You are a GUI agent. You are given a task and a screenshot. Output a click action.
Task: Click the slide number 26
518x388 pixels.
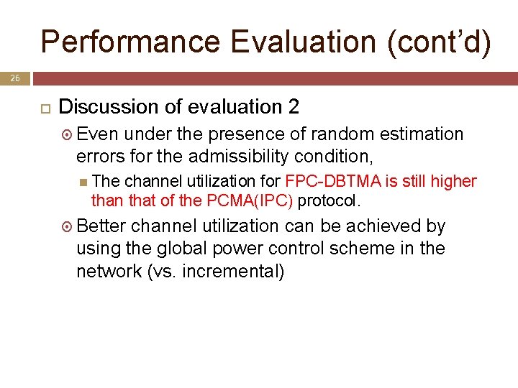pos(15,78)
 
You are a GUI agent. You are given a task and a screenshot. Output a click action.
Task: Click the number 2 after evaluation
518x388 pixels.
pos(293,107)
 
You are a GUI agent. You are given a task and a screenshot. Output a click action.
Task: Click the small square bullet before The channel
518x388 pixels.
pos(85,181)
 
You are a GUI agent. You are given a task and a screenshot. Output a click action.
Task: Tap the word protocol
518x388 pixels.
pos(329,199)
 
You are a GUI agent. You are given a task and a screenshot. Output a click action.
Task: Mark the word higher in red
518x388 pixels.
pos(453,180)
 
